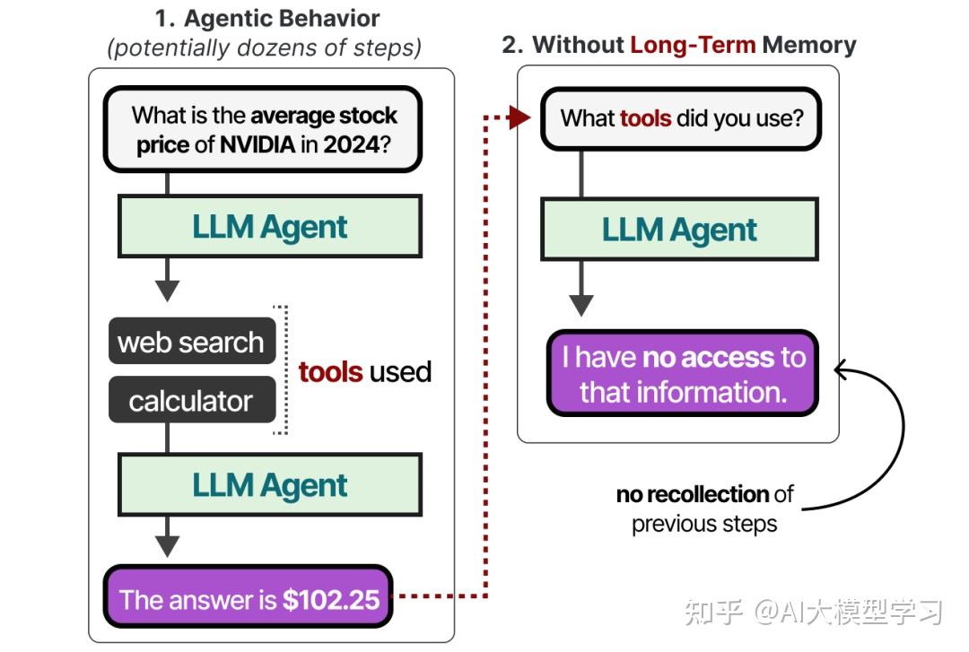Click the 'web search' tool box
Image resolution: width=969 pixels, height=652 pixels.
point(191,342)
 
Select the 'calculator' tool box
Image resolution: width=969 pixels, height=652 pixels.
point(191,400)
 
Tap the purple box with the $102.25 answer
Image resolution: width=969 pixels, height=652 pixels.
point(249,598)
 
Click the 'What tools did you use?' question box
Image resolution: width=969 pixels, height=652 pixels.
point(681,118)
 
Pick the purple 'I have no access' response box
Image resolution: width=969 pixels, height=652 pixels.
point(683,374)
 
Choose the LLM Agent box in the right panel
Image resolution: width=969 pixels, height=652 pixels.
point(679,229)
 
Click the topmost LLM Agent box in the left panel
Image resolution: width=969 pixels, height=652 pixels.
point(270,226)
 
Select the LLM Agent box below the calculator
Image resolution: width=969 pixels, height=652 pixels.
point(270,484)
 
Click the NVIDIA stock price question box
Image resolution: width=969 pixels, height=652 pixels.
point(263,129)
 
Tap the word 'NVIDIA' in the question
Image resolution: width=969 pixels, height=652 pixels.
point(258,144)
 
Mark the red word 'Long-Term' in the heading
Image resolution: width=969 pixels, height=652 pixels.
point(693,45)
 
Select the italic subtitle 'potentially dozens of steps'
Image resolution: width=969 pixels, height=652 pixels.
point(264,47)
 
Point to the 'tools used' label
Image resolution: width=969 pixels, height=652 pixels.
point(364,371)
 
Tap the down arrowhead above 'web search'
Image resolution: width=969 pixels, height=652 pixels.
point(167,291)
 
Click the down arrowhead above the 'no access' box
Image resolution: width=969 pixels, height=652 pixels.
point(581,304)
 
